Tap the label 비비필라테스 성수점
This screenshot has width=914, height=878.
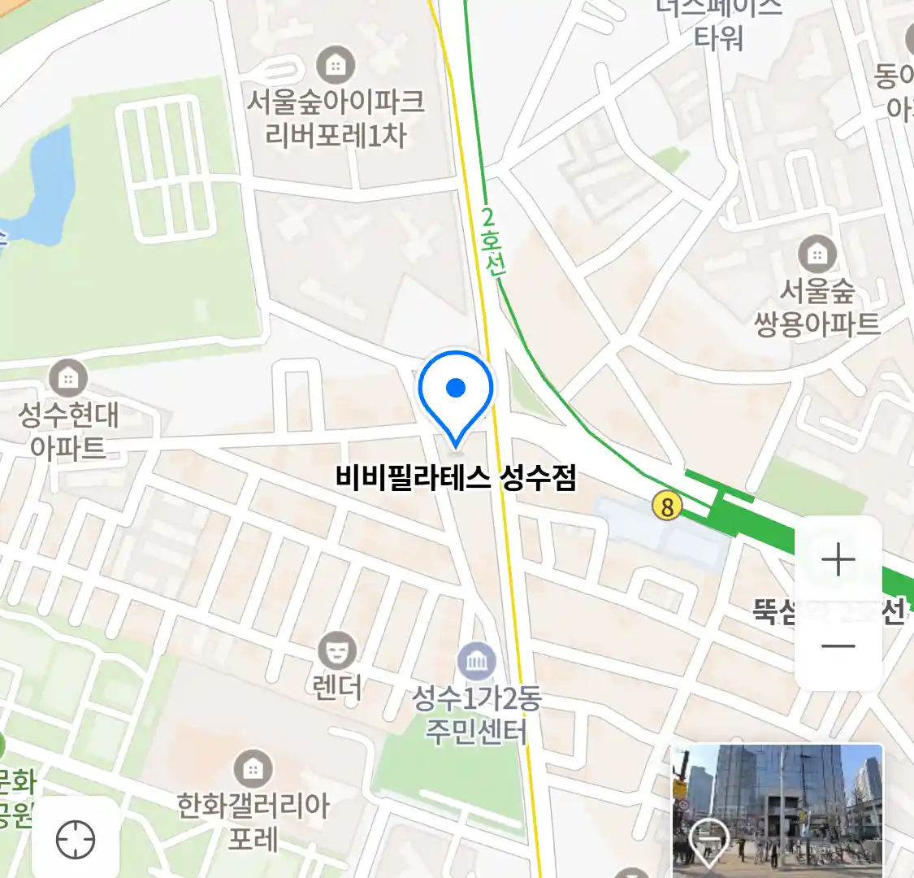[x=456, y=477]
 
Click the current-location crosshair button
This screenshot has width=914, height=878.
[x=76, y=839]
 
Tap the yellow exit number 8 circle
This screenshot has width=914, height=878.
[x=667, y=507]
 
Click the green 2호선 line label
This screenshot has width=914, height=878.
[x=491, y=242]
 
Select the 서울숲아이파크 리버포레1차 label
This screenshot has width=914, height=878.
[x=336, y=119]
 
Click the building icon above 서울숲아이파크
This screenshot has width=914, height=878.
[x=336, y=64]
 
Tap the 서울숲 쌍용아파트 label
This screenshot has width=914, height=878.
[x=817, y=308]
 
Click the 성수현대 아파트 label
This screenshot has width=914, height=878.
[x=68, y=431]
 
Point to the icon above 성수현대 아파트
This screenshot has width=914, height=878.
[x=68, y=378]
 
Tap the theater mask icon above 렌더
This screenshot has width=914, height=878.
[x=336, y=651]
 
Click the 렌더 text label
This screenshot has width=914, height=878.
[x=337, y=688]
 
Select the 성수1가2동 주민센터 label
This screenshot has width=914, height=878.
[x=477, y=715]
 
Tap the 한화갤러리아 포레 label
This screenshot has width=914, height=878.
[x=253, y=821]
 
